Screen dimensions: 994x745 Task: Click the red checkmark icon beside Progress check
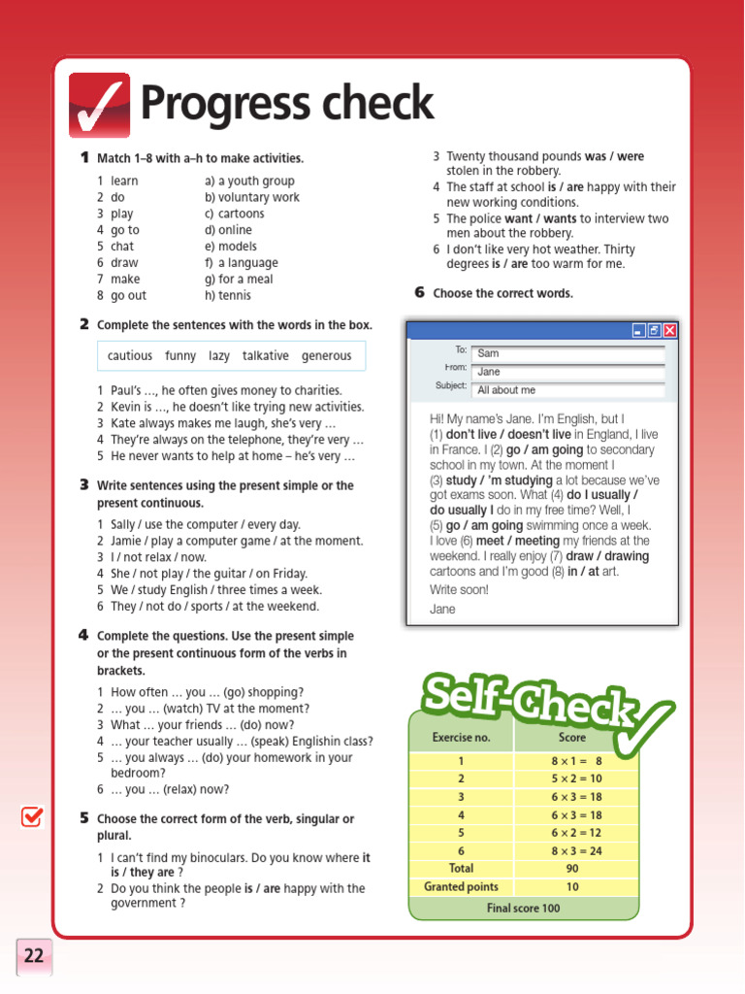(99, 105)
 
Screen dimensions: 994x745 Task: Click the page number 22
(34, 956)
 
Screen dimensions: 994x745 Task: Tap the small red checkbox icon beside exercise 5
(32, 817)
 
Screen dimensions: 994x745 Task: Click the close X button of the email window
(669, 331)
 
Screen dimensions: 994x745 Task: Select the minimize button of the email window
(638, 331)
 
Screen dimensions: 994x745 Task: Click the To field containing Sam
(567, 353)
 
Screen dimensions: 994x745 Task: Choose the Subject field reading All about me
(567, 390)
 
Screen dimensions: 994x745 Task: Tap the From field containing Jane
(567, 372)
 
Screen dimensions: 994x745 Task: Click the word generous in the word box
(326, 356)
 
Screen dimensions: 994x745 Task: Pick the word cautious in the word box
(130, 356)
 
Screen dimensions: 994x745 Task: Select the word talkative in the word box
(266, 356)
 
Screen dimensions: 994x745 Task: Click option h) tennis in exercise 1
(228, 296)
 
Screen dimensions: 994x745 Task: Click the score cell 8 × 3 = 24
(576, 851)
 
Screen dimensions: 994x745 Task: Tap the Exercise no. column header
(461, 738)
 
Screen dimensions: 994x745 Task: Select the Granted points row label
(461, 886)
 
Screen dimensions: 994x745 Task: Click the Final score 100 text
(524, 909)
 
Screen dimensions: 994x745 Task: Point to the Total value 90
(572, 869)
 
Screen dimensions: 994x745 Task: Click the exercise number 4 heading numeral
(83, 636)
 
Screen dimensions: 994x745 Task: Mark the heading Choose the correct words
(502, 293)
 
